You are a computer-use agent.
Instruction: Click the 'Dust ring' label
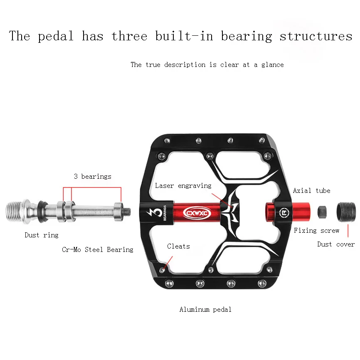click(x=42, y=235)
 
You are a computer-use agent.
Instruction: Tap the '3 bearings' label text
click(x=93, y=177)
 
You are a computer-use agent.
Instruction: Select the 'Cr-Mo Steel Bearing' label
click(x=98, y=249)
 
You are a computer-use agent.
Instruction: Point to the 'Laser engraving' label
click(x=183, y=186)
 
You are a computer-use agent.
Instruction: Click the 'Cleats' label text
click(x=178, y=247)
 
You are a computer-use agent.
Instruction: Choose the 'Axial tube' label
click(x=311, y=191)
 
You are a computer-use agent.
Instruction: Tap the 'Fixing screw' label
click(x=316, y=231)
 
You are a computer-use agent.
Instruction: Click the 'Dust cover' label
click(x=336, y=244)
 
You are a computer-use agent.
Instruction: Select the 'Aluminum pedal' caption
click(x=205, y=310)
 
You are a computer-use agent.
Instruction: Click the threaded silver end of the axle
click(x=16, y=211)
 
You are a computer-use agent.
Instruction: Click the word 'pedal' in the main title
click(x=56, y=36)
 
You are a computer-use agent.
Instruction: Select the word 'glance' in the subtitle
click(x=272, y=65)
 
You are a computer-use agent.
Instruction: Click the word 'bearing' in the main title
click(x=246, y=36)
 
